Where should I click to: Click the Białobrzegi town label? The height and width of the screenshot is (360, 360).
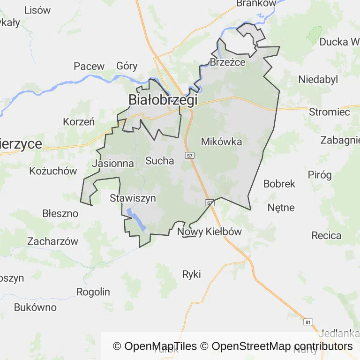coord(163,100)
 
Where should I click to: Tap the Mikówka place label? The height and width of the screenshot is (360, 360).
coord(221,142)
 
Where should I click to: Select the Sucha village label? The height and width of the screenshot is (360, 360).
coord(160,161)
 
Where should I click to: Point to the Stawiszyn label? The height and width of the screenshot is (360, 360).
coord(133,198)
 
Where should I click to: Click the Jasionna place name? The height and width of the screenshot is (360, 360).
coord(113,164)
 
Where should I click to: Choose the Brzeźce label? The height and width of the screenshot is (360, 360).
coord(228,63)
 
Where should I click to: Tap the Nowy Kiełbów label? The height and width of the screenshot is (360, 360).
coord(210,232)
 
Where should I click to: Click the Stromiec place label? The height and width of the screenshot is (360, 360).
coord(329,112)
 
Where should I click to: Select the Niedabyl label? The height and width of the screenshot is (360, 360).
coord(318,79)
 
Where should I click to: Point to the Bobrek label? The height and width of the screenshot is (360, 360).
coord(279,184)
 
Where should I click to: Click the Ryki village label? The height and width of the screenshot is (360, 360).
coord(192,274)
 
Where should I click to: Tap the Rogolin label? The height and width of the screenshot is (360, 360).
coord(93,292)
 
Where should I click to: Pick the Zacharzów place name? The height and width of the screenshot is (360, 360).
coord(52,242)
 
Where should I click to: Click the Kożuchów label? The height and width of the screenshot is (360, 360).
coord(53,171)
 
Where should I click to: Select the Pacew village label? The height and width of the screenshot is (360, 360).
coord(89,66)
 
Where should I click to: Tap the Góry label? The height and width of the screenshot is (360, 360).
coord(127,66)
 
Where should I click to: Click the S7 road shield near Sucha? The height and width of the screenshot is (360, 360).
coord(189,155)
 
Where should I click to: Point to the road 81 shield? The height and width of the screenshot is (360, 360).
coord(308,322)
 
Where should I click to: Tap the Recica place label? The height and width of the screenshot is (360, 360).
coord(326,235)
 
